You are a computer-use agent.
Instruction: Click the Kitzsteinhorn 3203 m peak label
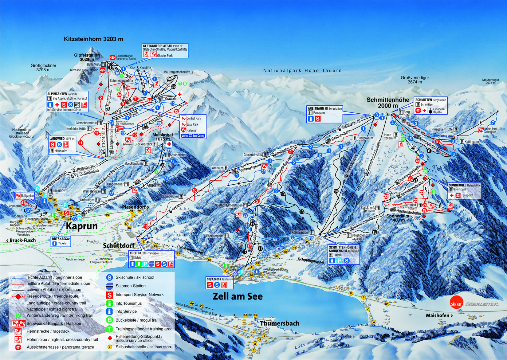[93, 39]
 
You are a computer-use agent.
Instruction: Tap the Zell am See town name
[238, 296]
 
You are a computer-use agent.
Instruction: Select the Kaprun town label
[82, 226]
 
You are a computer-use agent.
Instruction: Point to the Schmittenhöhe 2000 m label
[388, 103]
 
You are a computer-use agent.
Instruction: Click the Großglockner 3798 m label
[43, 68]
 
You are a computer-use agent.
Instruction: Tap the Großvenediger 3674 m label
[415, 80]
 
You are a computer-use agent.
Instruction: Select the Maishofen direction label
[439, 315]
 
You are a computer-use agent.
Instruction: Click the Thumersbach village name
[280, 323]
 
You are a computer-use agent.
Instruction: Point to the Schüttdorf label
[119, 245]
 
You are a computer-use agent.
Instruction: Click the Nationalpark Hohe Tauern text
[302, 71]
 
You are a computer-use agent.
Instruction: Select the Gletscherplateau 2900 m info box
[165, 51]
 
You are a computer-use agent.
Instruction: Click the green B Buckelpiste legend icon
[110, 320]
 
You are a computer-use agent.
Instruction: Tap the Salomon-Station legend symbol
[110, 286]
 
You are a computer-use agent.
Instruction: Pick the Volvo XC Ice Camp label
[193, 135]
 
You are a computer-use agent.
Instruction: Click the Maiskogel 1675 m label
[163, 137]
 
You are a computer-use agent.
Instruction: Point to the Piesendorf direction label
[136, 207]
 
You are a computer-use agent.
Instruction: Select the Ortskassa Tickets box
[61, 241]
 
